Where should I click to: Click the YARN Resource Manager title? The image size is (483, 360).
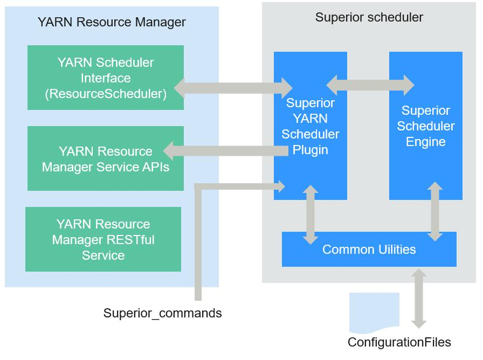pos(112,22)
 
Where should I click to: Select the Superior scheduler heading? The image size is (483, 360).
pos(369,17)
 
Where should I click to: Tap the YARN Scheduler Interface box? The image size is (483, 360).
pos(105,78)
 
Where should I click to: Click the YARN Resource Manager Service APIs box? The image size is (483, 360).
pos(105,158)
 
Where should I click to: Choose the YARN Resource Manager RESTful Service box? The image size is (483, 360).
pos(103,239)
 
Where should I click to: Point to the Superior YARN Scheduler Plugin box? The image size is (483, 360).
pos(310,126)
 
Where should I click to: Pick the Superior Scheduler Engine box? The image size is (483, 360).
pos(425,126)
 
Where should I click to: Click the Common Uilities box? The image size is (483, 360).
pos(369,250)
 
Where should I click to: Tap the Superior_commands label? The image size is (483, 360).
pos(162,313)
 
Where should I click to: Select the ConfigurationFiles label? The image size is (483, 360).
pos(399,342)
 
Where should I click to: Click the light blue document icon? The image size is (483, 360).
pos(374,312)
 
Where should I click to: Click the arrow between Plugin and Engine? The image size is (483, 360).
pos(370,85)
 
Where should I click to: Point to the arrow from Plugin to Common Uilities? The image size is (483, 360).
pos(310,214)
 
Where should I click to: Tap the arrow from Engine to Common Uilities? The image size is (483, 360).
pos(435,211)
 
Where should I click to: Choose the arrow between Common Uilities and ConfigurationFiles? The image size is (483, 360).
pos(418,298)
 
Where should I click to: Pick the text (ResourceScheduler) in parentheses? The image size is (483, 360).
pos(106,93)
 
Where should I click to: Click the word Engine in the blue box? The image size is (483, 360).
pos(425,142)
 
